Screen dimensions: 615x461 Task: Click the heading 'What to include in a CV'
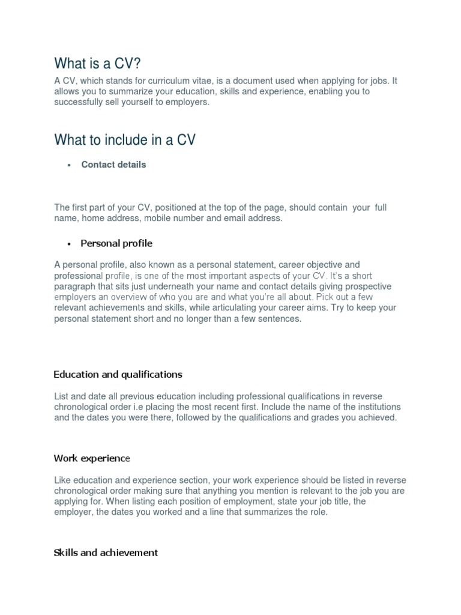pyautogui.click(x=125, y=140)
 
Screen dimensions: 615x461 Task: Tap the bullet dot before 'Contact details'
pyautogui.click(x=70, y=166)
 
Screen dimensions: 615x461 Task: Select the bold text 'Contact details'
pyautogui.click(x=113, y=165)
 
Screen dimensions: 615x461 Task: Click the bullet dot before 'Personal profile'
pyautogui.click(x=70, y=244)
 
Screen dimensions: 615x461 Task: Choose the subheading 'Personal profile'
pyautogui.click(x=116, y=243)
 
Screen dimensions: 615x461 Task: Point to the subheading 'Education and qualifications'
pyautogui.click(x=118, y=374)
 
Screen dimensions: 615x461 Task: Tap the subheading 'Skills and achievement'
pyautogui.click(x=106, y=553)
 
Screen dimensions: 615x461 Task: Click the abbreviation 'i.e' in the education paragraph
pyautogui.click(x=143, y=407)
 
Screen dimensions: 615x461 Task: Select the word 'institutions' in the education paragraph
pyautogui.click(x=355, y=407)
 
